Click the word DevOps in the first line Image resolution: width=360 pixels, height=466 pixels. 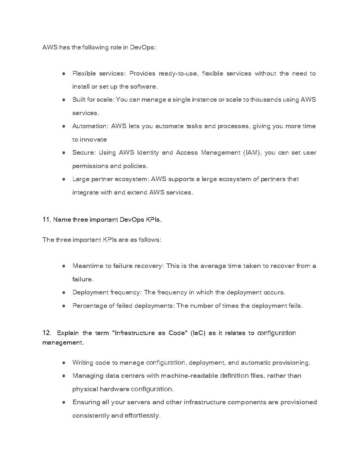pos(143,47)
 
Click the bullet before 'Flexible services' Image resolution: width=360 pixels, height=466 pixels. pos(64,74)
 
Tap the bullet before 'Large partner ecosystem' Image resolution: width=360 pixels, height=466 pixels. pos(64,179)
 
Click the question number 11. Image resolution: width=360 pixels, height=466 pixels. pos(47,220)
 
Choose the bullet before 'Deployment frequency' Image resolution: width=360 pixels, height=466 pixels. pos(64,293)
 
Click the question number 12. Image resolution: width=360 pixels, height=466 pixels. pos(47,333)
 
